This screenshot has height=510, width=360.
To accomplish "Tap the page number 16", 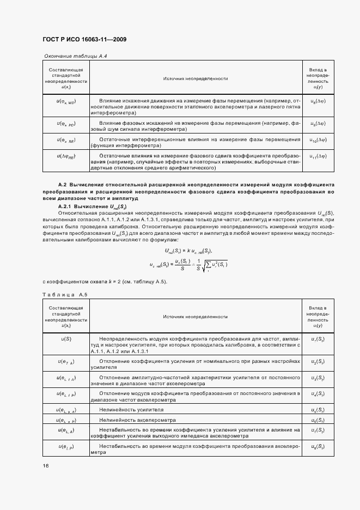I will [46, 465].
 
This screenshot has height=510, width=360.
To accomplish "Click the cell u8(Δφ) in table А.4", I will [318, 101].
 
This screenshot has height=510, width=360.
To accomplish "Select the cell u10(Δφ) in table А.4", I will [318, 140].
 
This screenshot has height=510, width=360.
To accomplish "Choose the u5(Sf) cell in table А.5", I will [318, 410].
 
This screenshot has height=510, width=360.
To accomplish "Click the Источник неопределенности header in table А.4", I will [195, 79].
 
